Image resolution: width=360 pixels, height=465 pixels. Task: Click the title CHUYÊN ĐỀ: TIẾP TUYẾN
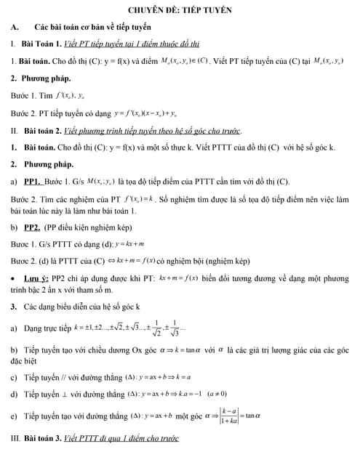tap(179, 12)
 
